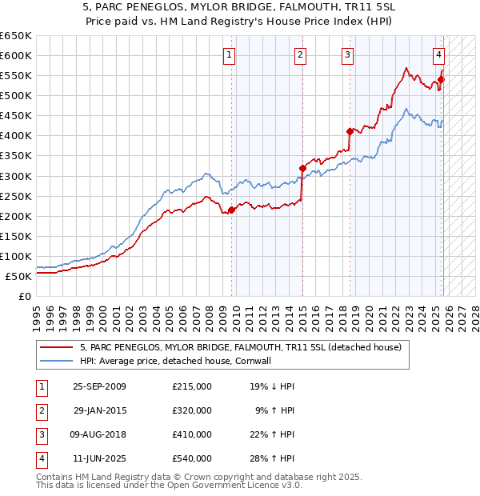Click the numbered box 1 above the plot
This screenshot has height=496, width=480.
click(x=230, y=55)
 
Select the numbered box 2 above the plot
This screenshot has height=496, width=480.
click(x=299, y=55)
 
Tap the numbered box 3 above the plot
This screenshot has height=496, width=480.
click(x=348, y=55)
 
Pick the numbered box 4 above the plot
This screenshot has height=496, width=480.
click(x=439, y=55)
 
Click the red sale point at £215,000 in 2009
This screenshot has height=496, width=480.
click(x=232, y=210)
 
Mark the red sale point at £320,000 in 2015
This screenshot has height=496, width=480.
click(x=302, y=168)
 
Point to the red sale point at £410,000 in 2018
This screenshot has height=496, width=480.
click(x=350, y=131)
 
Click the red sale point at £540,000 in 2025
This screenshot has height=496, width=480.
click(x=441, y=79)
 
